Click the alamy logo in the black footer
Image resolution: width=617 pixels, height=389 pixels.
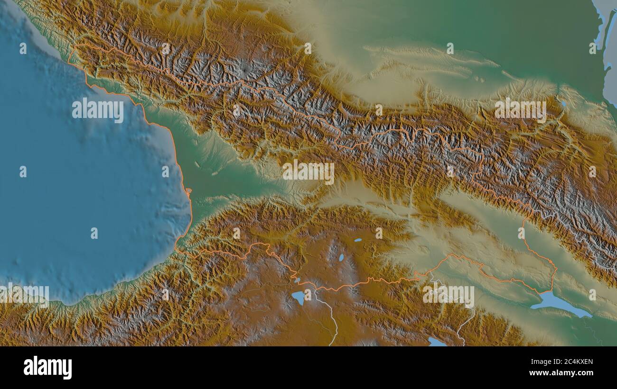47,368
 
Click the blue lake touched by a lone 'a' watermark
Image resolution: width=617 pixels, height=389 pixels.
299,298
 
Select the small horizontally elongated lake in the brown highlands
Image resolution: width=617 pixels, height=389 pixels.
357,240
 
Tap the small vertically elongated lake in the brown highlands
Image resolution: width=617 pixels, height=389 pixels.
341,258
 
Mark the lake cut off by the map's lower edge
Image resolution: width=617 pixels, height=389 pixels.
436,342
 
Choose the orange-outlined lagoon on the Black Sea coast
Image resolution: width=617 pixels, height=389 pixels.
188,191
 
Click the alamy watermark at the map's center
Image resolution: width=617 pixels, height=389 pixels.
308,172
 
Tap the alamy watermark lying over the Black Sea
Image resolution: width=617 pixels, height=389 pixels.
98,110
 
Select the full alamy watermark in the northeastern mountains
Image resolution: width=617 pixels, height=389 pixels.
520,109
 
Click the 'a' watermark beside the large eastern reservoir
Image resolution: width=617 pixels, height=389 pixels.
592,295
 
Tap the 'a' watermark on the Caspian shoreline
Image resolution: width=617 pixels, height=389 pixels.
592,48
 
